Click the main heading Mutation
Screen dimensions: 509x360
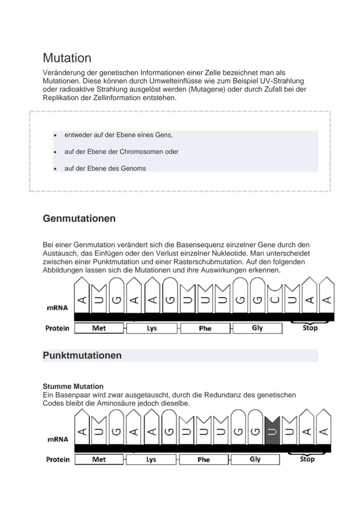[x=67, y=58]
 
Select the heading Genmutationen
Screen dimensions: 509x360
[x=79, y=219]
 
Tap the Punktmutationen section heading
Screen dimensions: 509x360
[x=82, y=356]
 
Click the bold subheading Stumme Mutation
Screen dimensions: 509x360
[x=73, y=386]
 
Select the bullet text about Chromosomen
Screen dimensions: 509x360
[x=121, y=152]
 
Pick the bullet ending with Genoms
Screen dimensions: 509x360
[x=105, y=168]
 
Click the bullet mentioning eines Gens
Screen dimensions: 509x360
[x=118, y=135]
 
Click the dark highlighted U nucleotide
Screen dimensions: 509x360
[x=272, y=430]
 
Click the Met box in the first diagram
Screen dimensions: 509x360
[x=99, y=328]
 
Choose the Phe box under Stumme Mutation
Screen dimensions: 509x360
[x=203, y=459]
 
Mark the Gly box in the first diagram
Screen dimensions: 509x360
[x=257, y=328]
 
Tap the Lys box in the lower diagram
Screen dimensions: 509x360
[x=151, y=459]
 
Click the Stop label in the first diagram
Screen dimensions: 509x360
[x=310, y=328]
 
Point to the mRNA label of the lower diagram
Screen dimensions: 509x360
[x=57, y=439]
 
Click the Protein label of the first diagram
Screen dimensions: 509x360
[x=57, y=328]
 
